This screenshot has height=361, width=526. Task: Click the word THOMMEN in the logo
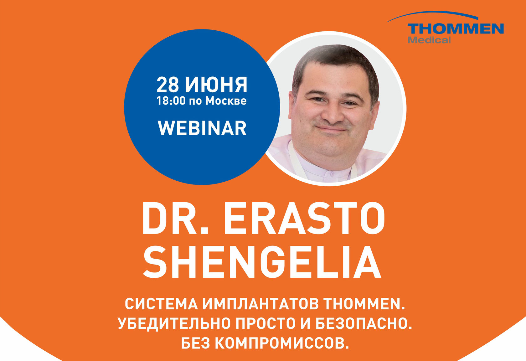pyautogui.click(x=456, y=29)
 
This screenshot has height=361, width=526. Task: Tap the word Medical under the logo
pyautogui.click(x=429, y=40)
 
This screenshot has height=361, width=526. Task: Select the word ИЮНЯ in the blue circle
pyautogui.click(x=216, y=85)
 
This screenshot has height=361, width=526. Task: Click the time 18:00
pyautogui.click(x=171, y=101)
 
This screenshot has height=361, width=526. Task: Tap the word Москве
pyautogui.click(x=226, y=101)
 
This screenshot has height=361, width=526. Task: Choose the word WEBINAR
pyautogui.click(x=202, y=128)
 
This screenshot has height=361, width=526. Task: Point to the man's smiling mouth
pyautogui.click(x=332, y=129)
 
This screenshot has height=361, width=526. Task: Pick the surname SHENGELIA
pyautogui.click(x=262, y=262)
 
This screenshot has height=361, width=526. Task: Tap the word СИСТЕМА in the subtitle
pyautogui.click(x=161, y=304)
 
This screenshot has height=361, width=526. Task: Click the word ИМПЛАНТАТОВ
pyautogui.click(x=260, y=304)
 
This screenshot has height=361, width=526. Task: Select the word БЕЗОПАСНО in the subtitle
pyautogui.click(x=363, y=324)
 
